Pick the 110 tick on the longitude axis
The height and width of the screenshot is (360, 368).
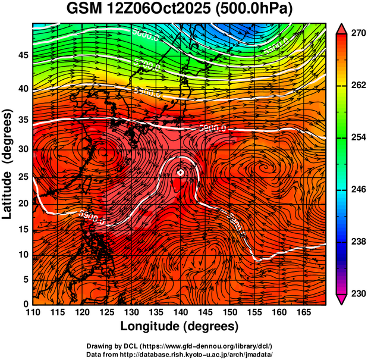(x=33, y=312)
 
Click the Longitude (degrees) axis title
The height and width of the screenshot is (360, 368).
(x=180, y=326)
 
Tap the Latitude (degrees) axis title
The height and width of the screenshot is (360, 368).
(x=8, y=164)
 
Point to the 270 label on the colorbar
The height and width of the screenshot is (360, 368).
(x=357, y=34)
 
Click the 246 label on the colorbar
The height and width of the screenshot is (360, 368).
(x=357, y=190)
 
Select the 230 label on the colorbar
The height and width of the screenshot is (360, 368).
(x=357, y=293)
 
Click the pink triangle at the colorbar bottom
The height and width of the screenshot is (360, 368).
(x=342, y=299)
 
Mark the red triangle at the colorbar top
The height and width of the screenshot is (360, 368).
(x=342, y=28)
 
